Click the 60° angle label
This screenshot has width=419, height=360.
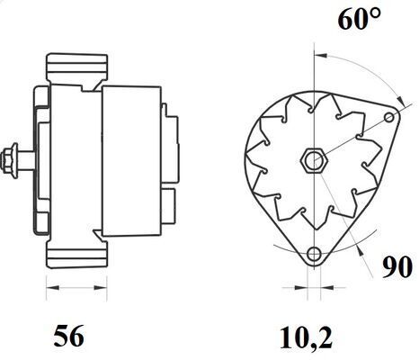360,19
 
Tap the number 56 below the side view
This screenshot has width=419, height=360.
68,336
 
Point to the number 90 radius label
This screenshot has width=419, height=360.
397,267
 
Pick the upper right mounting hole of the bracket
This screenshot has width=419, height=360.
389,117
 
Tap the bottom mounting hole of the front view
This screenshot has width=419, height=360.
314,254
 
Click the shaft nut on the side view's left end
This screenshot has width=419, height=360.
10,161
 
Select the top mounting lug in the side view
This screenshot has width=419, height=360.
77,71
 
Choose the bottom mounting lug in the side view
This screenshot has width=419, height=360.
77,249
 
